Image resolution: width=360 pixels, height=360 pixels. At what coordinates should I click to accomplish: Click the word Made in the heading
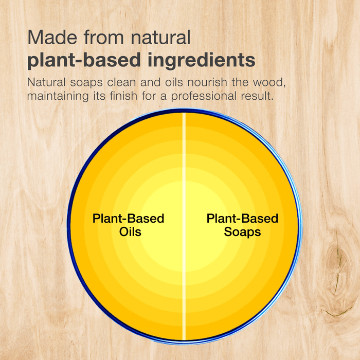[52, 37]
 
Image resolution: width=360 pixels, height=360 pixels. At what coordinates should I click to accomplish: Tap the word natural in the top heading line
[160, 37]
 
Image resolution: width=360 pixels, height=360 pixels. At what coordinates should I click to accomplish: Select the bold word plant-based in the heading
[84, 60]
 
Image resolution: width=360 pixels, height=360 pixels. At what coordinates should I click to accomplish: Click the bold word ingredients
[202, 60]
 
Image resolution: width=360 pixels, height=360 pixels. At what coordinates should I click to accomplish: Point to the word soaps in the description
[86, 82]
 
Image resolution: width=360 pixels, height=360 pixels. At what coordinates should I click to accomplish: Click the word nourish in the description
[207, 82]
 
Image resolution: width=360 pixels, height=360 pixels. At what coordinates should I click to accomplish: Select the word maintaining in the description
[58, 96]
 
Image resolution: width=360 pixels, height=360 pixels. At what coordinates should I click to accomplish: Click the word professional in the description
[204, 96]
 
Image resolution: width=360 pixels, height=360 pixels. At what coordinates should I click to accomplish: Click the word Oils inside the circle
[130, 231]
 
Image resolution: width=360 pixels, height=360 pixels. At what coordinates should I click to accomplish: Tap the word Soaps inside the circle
[242, 232]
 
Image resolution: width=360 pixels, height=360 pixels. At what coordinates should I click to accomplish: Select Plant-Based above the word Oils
[129, 219]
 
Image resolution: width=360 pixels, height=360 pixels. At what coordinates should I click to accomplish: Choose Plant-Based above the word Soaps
[242, 219]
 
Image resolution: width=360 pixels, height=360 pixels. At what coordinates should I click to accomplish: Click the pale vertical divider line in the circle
[184, 226]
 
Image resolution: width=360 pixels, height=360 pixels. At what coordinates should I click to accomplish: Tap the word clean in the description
[121, 82]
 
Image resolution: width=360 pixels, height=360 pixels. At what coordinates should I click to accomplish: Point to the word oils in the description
[174, 82]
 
